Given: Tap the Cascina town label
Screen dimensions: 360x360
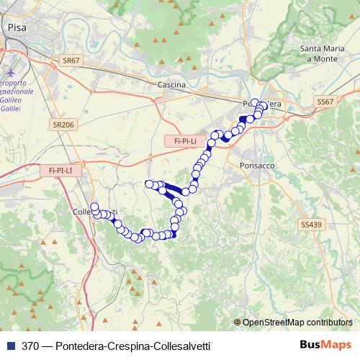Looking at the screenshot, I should click(x=171, y=85).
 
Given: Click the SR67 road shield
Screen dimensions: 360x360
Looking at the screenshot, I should click(x=71, y=61).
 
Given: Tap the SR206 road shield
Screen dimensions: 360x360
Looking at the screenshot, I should click(x=63, y=125).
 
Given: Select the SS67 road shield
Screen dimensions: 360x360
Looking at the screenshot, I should click(x=325, y=103).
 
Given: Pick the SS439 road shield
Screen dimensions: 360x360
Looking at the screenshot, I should click(x=311, y=225).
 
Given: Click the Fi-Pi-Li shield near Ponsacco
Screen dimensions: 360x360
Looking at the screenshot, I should click(x=186, y=142).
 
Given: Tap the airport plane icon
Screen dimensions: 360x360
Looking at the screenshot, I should click(x=9, y=73).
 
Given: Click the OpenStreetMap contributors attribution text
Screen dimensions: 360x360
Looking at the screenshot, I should click(x=297, y=323).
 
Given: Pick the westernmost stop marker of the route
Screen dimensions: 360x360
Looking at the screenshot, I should click(x=94, y=207).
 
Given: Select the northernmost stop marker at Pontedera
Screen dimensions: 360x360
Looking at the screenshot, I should click(x=255, y=102).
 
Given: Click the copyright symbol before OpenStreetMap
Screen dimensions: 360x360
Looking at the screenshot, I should click(x=238, y=323).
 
